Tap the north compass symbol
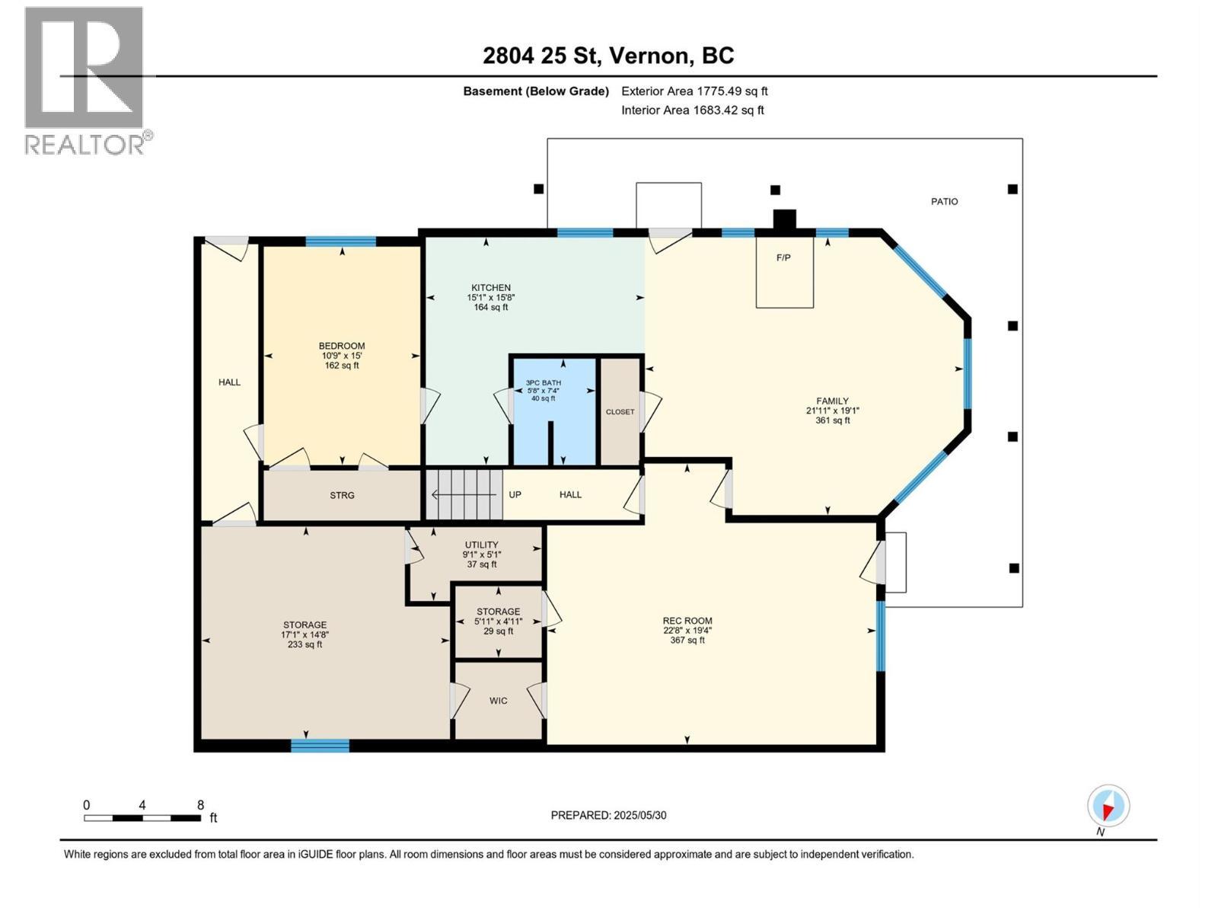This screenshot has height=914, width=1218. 1108,806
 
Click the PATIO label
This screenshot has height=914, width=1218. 944,202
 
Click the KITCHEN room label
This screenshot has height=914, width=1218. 490,288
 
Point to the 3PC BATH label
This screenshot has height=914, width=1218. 543,383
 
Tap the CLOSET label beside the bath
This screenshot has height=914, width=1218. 620,412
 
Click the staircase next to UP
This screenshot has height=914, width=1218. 464,494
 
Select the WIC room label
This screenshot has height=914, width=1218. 498,701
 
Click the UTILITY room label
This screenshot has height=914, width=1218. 481,545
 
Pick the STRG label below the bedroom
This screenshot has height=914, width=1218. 342,496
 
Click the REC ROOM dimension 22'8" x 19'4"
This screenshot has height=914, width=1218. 687,630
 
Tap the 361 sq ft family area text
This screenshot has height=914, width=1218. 832,420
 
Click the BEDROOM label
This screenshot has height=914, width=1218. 342,346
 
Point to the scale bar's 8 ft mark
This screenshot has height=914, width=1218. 200,806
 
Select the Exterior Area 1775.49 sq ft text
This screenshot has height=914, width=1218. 694,91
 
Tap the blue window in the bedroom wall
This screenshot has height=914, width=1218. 340,241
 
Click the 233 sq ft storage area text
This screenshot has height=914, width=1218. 304,644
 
